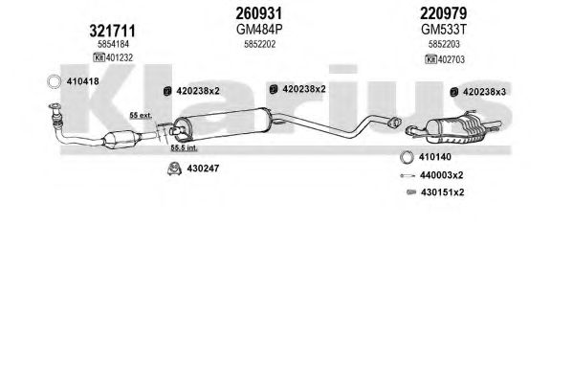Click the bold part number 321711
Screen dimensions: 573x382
(x=112, y=31)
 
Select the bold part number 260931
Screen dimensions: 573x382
(x=259, y=13)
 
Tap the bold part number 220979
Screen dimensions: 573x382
(x=443, y=13)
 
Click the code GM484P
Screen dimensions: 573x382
(x=259, y=30)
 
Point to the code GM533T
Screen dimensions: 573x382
(x=444, y=30)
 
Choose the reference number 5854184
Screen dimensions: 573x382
(x=113, y=44)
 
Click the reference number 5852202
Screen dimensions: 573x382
(x=260, y=44)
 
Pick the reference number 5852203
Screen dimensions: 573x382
(x=444, y=44)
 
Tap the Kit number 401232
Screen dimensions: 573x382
(x=120, y=57)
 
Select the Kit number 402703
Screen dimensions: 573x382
(x=452, y=59)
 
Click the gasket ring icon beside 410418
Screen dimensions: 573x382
(x=55, y=81)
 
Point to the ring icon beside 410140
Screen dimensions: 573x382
(x=407, y=157)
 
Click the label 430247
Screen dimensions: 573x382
(x=203, y=169)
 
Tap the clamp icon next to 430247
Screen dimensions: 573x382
(x=174, y=169)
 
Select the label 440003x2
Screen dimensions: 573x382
(x=441, y=175)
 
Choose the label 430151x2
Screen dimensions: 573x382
(x=443, y=192)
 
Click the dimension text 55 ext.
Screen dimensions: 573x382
(x=141, y=116)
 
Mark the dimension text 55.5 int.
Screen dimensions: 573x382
(x=185, y=147)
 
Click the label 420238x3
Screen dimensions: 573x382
(x=485, y=92)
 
